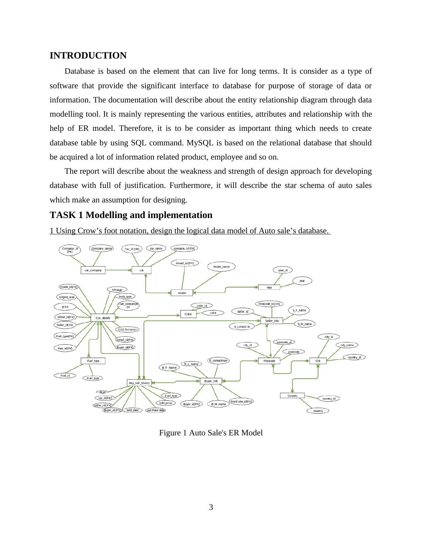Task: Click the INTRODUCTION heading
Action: pos(88,56)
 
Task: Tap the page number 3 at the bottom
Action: pos(211,507)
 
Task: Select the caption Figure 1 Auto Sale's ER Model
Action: pos(211,433)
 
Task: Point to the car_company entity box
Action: pos(93,270)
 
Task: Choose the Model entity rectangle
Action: pos(182,293)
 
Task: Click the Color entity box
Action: pos(188,314)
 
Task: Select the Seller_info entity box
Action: pos(272,321)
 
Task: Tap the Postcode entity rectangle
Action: pos(269,361)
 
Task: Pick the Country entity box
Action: pos(292,396)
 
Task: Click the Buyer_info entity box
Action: pos(211,381)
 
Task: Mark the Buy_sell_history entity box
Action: pos(139,383)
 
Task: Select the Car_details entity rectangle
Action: pos(103,318)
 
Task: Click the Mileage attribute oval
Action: pos(117,290)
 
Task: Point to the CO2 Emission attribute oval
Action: pos(127,329)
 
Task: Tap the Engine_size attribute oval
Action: pos(67,297)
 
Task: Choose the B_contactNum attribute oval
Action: pos(218,361)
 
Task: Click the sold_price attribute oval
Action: pos(166,403)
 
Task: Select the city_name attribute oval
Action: pos(347,345)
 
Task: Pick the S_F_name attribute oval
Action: pos(299,310)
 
